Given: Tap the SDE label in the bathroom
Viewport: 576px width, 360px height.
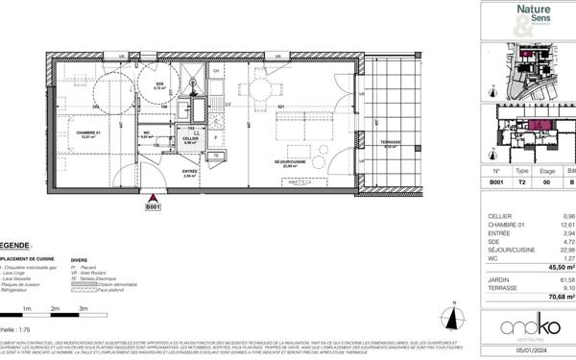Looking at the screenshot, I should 160,84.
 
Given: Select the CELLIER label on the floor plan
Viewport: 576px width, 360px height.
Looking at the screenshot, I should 190,138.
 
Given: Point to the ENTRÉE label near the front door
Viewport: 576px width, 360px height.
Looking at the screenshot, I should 190,172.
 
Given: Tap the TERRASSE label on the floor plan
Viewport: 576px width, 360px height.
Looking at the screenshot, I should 389,144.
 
